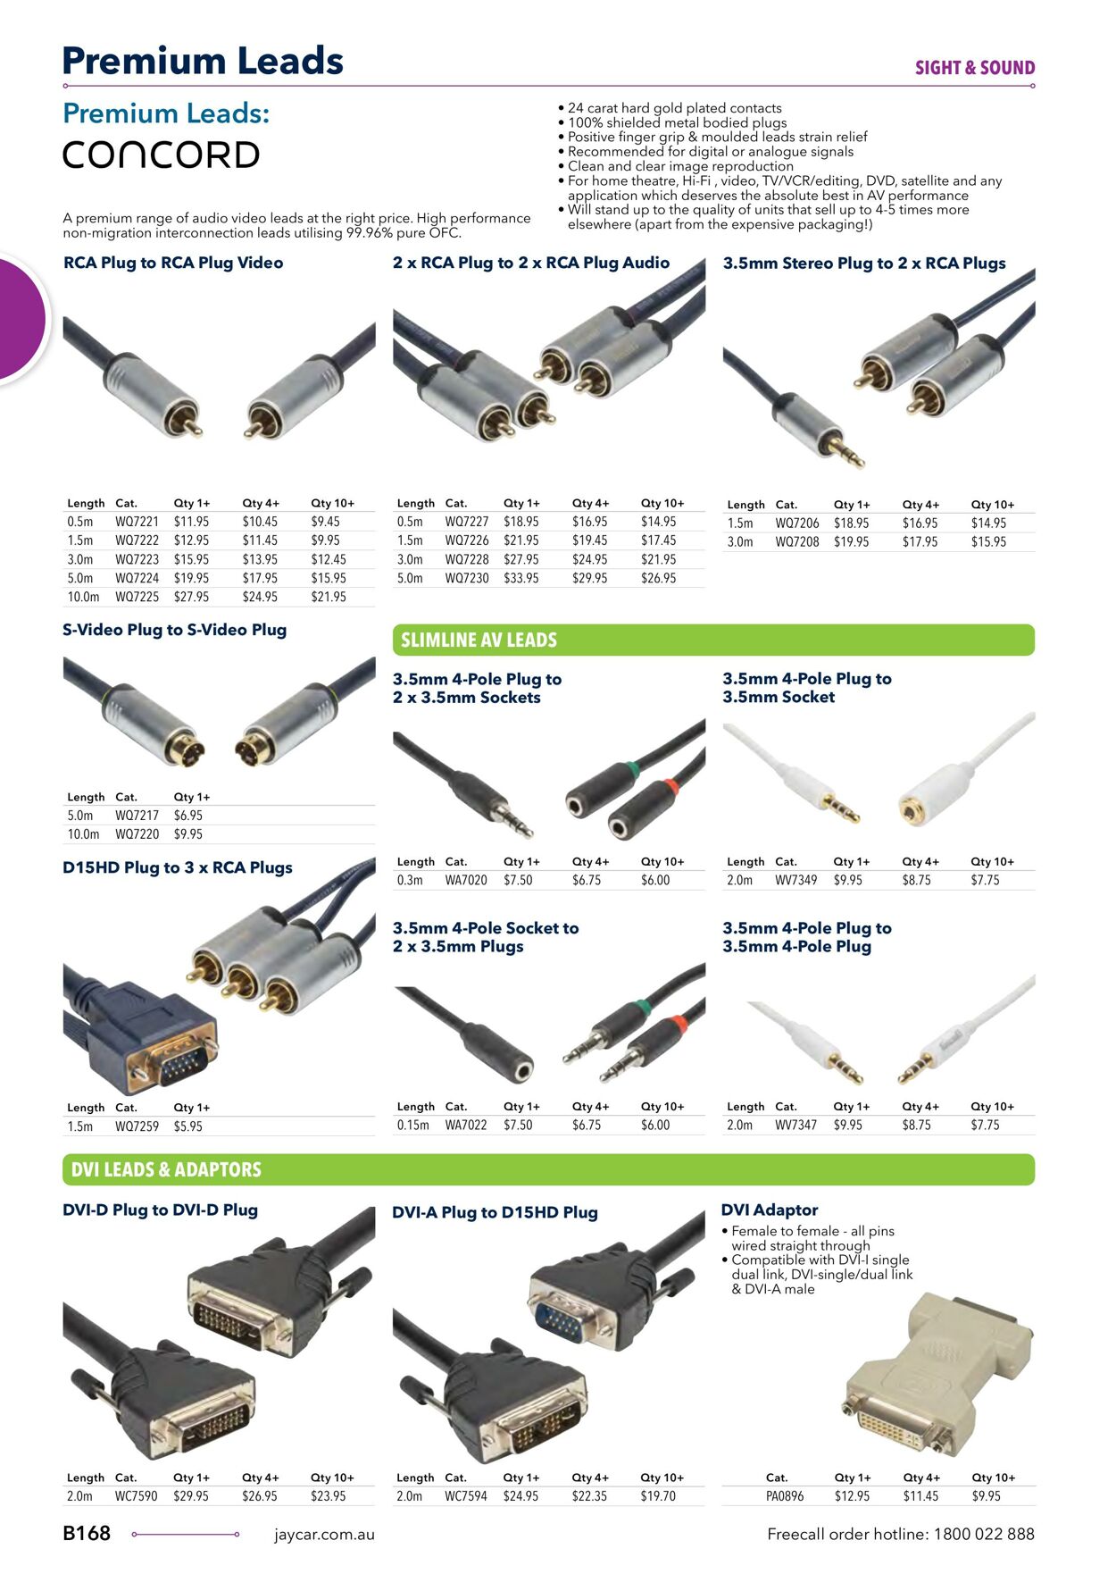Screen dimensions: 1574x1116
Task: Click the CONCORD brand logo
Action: click(x=161, y=155)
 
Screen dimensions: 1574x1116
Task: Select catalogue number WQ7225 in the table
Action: click(x=137, y=597)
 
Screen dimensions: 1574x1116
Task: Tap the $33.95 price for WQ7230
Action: click(x=521, y=578)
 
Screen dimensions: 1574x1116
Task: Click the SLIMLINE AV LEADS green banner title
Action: click(x=479, y=640)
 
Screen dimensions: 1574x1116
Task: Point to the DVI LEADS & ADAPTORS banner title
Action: click(x=166, y=1169)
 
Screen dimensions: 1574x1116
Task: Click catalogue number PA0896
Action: click(x=784, y=1495)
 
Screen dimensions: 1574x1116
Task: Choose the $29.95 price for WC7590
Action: click(x=190, y=1495)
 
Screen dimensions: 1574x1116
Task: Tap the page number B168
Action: click(x=87, y=1533)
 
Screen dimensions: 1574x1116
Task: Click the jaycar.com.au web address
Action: click(x=324, y=1535)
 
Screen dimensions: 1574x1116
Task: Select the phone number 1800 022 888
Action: click(x=984, y=1534)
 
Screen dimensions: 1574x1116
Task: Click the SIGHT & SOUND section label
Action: click(x=974, y=68)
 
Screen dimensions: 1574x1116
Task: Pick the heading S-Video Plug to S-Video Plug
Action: click(x=174, y=630)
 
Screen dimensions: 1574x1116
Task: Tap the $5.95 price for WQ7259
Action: click(x=187, y=1126)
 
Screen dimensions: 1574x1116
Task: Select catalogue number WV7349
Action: click(x=795, y=880)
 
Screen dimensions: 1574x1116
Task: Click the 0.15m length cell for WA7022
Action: click(x=412, y=1125)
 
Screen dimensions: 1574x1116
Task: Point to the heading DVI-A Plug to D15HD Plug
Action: click(x=495, y=1212)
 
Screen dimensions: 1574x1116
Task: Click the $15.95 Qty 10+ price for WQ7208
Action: click(x=988, y=541)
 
